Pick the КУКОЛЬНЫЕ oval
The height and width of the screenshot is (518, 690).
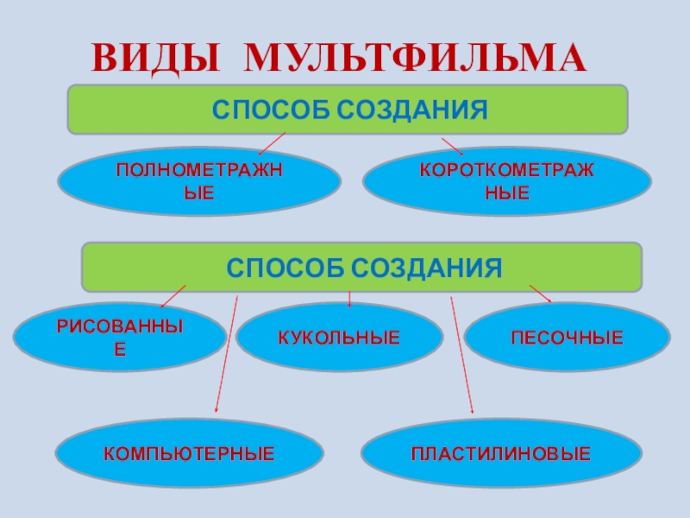tap(339, 337)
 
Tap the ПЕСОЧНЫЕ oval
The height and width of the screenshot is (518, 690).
tap(567, 337)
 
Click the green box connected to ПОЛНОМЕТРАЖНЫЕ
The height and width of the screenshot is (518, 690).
tap(348, 110)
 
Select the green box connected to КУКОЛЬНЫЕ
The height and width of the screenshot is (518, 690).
tap(362, 266)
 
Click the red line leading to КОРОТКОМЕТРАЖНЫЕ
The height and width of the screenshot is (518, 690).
tap(452, 146)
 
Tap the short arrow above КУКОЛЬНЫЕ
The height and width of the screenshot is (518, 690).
tap(349, 299)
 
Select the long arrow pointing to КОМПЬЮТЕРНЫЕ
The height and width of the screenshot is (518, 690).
tap(226, 354)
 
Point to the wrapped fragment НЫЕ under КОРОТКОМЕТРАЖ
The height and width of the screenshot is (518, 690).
tap(507, 192)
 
